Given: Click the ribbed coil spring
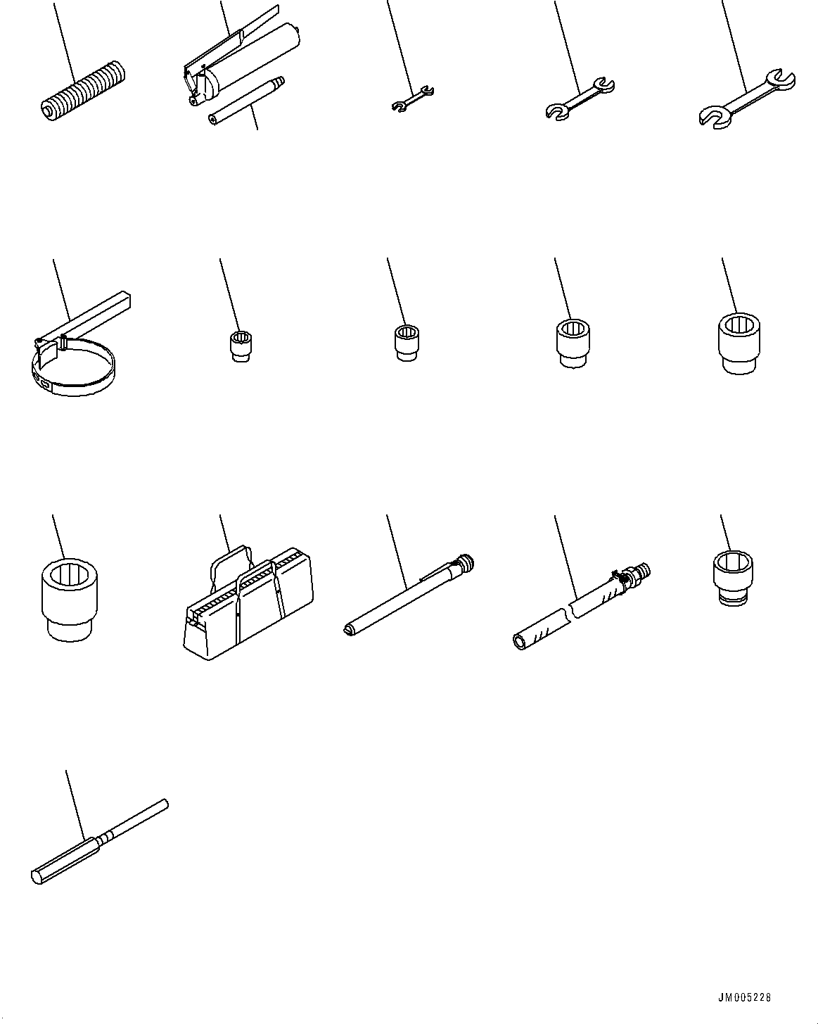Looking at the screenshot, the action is pyautogui.click(x=84, y=90).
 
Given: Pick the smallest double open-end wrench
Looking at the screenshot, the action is pyautogui.click(x=413, y=99).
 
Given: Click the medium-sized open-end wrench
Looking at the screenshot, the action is pyautogui.click(x=580, y=99).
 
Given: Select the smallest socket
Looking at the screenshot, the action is pyautogui.click(x=241, y=346).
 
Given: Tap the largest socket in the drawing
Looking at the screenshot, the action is pyautogui.click(x=70, y=599).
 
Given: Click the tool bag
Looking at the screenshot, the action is pyautogui.click(x=248, y=602).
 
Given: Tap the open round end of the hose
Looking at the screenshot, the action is pyautogui.click(x=520, y=642).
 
